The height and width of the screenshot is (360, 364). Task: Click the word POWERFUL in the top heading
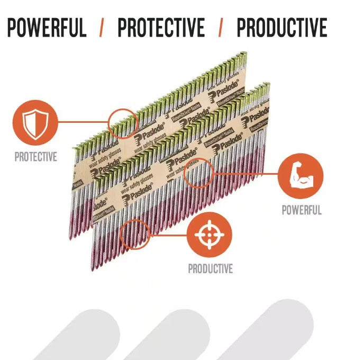[x=47, y=27]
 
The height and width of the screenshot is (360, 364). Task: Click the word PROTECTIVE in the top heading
[x=161, y=27]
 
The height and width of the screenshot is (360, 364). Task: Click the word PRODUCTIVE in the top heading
[x=281, y=27]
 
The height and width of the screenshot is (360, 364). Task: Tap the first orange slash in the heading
[x=101, y=27]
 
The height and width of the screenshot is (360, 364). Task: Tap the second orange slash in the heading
[x=221, y=27]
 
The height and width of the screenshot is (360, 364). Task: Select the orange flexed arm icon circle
[x=301, y=176]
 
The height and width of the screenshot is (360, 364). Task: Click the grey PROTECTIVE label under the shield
[x=35, y=157]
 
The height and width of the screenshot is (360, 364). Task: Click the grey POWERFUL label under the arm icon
[x=301, y=210]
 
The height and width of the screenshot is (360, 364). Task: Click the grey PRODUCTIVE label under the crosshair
[x=210, y=269]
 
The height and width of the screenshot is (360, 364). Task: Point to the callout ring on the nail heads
[x=123, y=122]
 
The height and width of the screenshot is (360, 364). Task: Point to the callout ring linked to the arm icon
[x=198, y=173]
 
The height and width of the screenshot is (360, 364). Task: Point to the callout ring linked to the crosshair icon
[x=134, y=235]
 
